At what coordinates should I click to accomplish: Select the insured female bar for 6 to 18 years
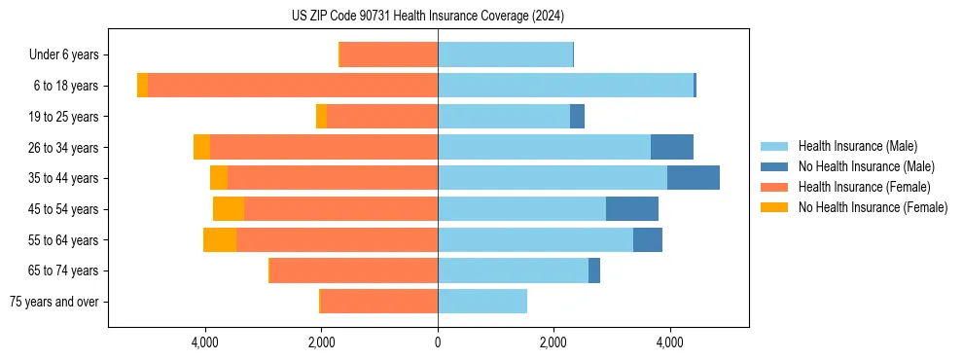[x=292, y=86]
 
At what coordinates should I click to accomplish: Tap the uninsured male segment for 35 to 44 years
[x=693, y=178]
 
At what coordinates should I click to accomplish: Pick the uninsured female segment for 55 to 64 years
[x=219, y=239]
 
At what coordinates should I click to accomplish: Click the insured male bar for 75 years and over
[x=482, y=302]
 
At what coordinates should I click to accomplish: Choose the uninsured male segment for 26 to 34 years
[x=671, y=147]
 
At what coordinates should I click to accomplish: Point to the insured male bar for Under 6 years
[x=505, y=54]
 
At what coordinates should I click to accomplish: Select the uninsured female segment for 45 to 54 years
[x=229, y=209]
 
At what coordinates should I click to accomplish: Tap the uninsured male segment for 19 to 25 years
[x=577, y=117]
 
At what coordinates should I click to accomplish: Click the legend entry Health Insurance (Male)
[x=857, y=146]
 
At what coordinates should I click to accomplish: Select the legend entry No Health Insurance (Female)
[x=873, y=207]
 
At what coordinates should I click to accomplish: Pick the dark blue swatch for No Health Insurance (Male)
[x=774, y=166]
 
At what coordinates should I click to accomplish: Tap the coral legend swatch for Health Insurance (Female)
[x=774, y=187]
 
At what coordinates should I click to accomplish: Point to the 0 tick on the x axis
[x=438, y=342]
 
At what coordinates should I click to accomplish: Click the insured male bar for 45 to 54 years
[x=521, y=209]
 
